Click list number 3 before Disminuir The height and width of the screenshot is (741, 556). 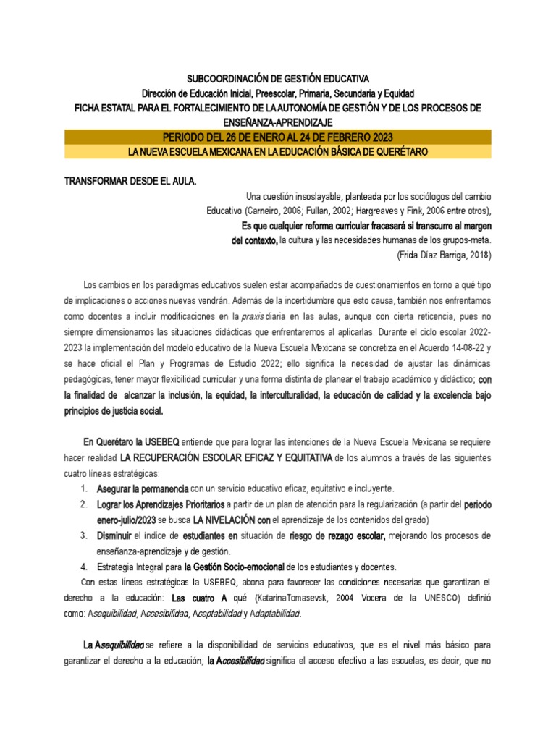coord(85,535)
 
